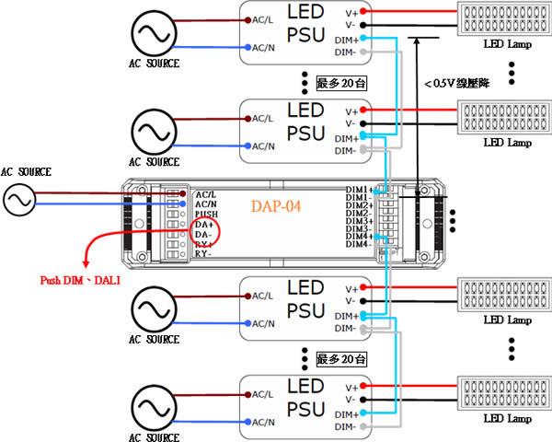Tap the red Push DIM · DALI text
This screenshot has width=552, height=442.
(80, 280)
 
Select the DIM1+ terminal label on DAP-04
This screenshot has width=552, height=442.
(359, 190)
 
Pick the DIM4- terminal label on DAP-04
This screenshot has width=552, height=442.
(359, 244)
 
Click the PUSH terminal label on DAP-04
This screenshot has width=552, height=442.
(206, 213)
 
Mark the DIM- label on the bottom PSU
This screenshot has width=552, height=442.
(347, 427)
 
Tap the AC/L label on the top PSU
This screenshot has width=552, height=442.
(261, 18)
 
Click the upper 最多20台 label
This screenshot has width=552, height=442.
(340, 81)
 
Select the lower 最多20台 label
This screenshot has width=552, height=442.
(340, 356)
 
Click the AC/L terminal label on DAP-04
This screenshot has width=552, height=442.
(205, 194)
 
